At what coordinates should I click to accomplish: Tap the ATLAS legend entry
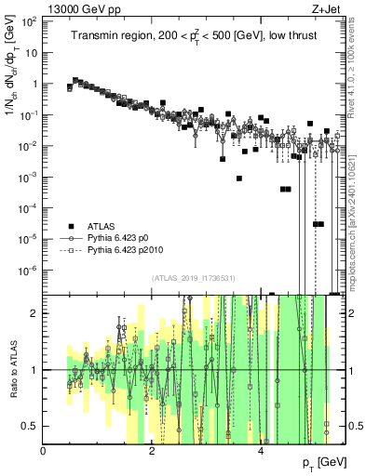point(102,226)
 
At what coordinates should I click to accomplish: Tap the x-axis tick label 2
point(153,451)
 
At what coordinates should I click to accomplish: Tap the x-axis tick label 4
point(262,451)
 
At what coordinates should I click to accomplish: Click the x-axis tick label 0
point(44,451)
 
